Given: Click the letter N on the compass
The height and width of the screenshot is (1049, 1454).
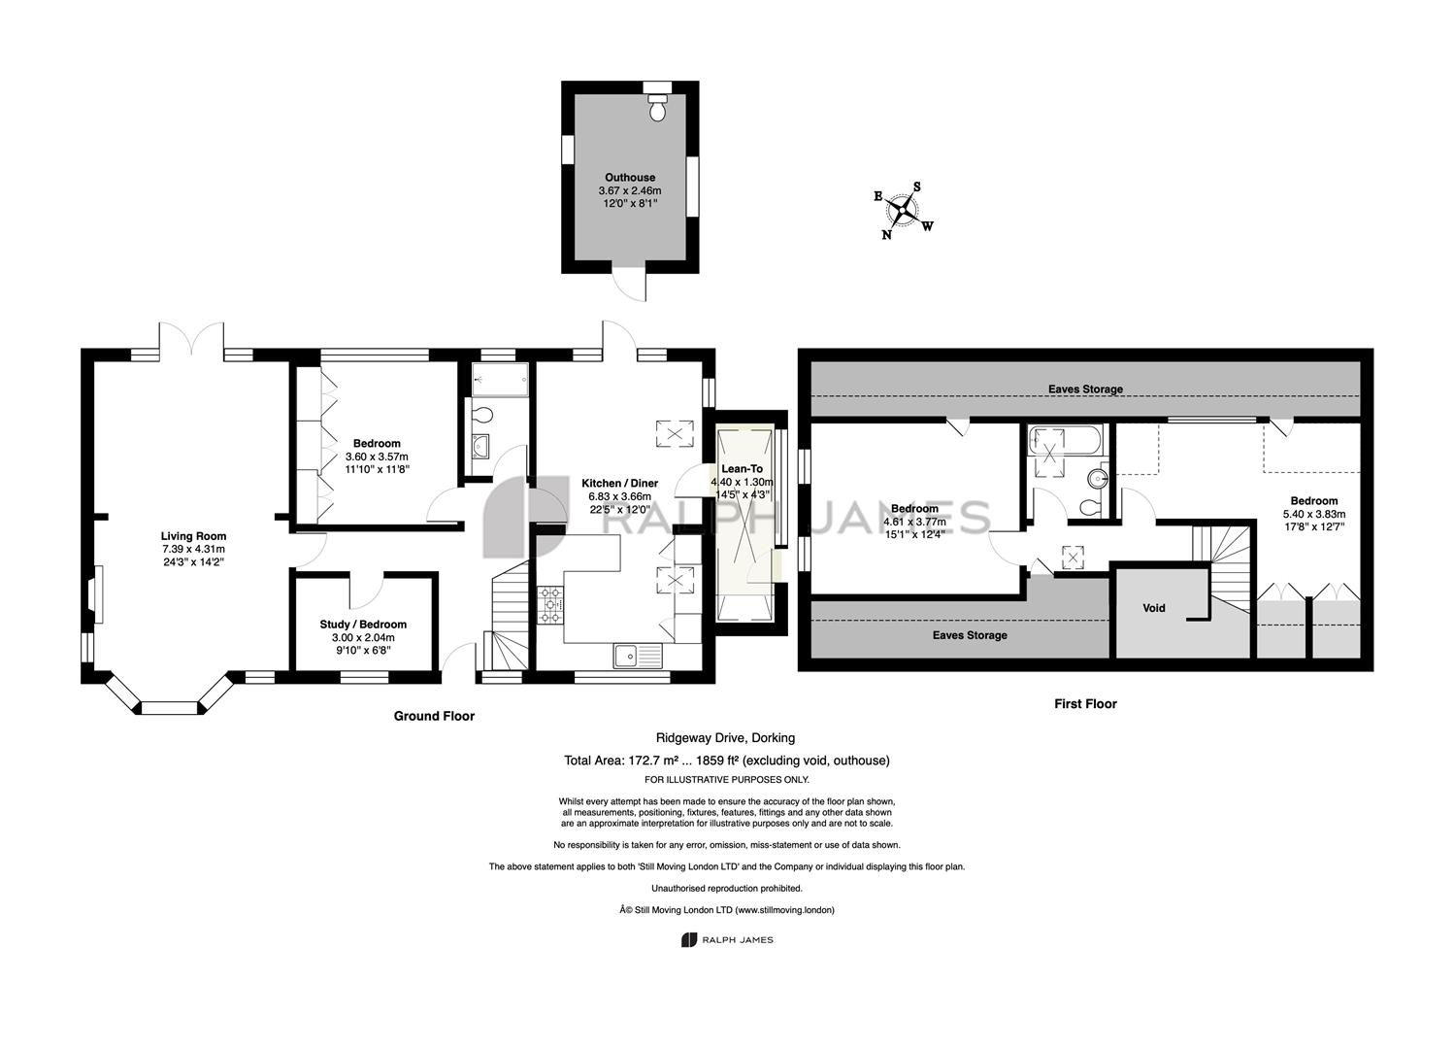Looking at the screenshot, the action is (x=887, y=235).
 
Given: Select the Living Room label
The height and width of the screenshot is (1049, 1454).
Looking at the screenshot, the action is (x=193, y=536).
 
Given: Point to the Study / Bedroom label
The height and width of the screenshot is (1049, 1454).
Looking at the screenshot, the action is (x=363, y=625).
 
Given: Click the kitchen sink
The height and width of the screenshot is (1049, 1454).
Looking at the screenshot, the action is (x=638, y=656).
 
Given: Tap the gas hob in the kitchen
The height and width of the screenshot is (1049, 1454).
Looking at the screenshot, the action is (x=550, y=605).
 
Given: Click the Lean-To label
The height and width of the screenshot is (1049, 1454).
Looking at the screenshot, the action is (x=742, y=468).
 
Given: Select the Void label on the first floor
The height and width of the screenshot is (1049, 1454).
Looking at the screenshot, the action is (x=1153, y=608).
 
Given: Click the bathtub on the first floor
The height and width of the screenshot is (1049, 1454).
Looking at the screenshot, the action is (x=1065, y=440).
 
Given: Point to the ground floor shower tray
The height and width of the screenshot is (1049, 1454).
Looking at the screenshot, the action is (x=500, y=380).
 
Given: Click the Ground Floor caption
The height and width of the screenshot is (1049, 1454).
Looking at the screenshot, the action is (x=434, y=716).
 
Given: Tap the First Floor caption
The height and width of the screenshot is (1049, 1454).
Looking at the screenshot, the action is (x=1085, y=703).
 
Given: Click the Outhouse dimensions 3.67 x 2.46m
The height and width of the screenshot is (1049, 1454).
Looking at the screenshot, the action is (x=630, y=190).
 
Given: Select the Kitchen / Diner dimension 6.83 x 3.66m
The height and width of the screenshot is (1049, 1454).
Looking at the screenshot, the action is (x=620, y=496).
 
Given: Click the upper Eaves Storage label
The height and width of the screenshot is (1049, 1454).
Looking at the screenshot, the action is (x=1085, y=389).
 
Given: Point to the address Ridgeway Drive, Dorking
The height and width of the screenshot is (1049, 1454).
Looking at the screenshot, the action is (x=725, y=738).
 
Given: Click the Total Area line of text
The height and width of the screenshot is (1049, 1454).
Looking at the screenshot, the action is (x=726, y=760).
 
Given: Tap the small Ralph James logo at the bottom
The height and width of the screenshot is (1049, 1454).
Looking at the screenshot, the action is (x=727, y=939).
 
